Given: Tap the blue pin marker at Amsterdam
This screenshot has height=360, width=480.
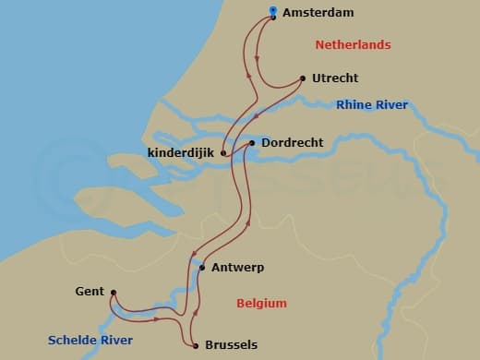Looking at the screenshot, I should pos(273,13).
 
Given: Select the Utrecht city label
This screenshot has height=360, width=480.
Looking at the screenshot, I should pos(336,78).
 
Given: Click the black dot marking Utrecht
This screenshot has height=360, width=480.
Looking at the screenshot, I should pos(304,78).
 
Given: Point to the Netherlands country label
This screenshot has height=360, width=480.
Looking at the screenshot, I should pos(354,45).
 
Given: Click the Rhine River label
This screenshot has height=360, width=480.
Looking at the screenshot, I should pos(372,105).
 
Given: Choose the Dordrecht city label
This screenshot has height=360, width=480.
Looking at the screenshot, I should pos(291,143).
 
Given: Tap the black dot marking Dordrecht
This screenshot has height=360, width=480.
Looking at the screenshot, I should pos(252,143).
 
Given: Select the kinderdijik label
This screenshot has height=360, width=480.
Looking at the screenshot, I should pos(181,152).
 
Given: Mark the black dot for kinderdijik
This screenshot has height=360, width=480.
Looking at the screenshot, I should pos(223,152).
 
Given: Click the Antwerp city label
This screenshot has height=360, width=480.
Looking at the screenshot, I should pos(238,268).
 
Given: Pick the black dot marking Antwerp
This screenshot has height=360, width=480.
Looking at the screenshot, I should pos(202,268).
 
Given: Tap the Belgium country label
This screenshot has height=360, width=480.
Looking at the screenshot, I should pos(261,303).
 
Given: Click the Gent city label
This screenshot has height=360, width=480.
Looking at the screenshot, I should pos(89,292).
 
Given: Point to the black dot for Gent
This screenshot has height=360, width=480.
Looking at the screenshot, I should pos(113,294).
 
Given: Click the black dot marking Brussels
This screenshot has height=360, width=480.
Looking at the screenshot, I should pos(197,345).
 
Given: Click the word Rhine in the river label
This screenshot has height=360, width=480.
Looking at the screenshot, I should pos(354,105).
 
